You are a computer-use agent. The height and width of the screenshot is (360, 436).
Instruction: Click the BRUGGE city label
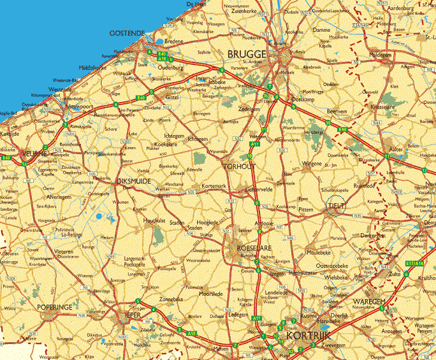click(x=247, y=55)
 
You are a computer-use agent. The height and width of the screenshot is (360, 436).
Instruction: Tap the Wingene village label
click(x=312, y=163)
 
